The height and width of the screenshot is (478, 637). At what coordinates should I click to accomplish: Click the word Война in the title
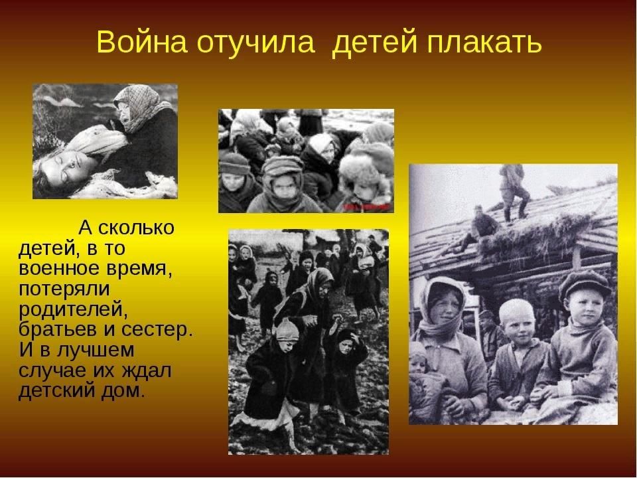tap(142, 41)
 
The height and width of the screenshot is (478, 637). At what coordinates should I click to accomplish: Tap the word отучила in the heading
tap(255, 42)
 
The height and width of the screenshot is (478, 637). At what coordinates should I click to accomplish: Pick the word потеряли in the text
tap(64, 289)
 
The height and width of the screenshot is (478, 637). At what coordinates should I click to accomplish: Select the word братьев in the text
tap(58, 329)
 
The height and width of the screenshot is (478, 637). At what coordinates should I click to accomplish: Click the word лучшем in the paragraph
tap(96, 351)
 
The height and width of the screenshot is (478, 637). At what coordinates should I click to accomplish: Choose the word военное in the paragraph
tap(58, 269)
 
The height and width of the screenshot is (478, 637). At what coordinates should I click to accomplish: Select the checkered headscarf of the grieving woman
tap(140, 106)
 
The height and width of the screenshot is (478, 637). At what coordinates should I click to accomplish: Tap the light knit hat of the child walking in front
tap(288, 330)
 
